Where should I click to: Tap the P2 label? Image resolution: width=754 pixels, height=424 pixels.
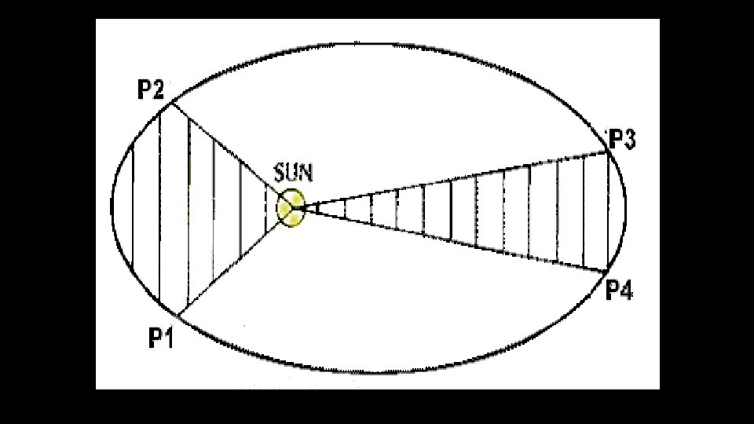151,91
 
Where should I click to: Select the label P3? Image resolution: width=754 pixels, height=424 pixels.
622,140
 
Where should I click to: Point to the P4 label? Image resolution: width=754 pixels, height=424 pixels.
619,291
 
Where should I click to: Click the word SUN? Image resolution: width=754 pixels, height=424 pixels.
293,172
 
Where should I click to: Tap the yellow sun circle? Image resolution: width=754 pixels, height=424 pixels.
290,208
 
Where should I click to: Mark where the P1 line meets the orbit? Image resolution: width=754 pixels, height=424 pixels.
178,316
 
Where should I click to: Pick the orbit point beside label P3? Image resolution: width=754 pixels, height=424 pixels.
609,152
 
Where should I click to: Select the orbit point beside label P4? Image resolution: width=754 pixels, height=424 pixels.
606,272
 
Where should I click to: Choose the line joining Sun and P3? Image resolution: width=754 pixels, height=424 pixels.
456,180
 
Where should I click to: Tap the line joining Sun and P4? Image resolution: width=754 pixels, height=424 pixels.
456,239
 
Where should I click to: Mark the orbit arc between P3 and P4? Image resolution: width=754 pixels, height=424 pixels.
625,212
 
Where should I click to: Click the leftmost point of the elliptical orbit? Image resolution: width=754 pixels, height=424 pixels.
112,206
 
